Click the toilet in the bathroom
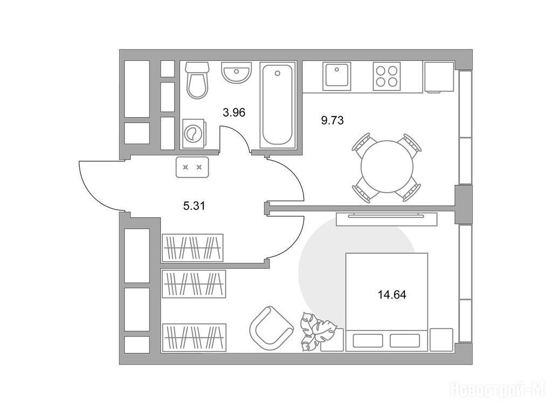[197, 80]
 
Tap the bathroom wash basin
[236, 72]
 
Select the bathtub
[278, 105]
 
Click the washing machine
[193, 134]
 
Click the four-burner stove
[387, 76]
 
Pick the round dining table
[387, 167]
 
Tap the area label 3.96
[234, 113]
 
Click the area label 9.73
[332, 120]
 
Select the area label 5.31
[194, 205]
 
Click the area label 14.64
[392, 294]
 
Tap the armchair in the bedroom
[272, 326]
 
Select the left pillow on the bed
[368, 341]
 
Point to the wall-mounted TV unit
[386, 219]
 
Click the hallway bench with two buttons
[192, 167]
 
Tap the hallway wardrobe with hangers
[192, 247]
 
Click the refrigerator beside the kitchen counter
[439, 77]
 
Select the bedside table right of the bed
[441, 340]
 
